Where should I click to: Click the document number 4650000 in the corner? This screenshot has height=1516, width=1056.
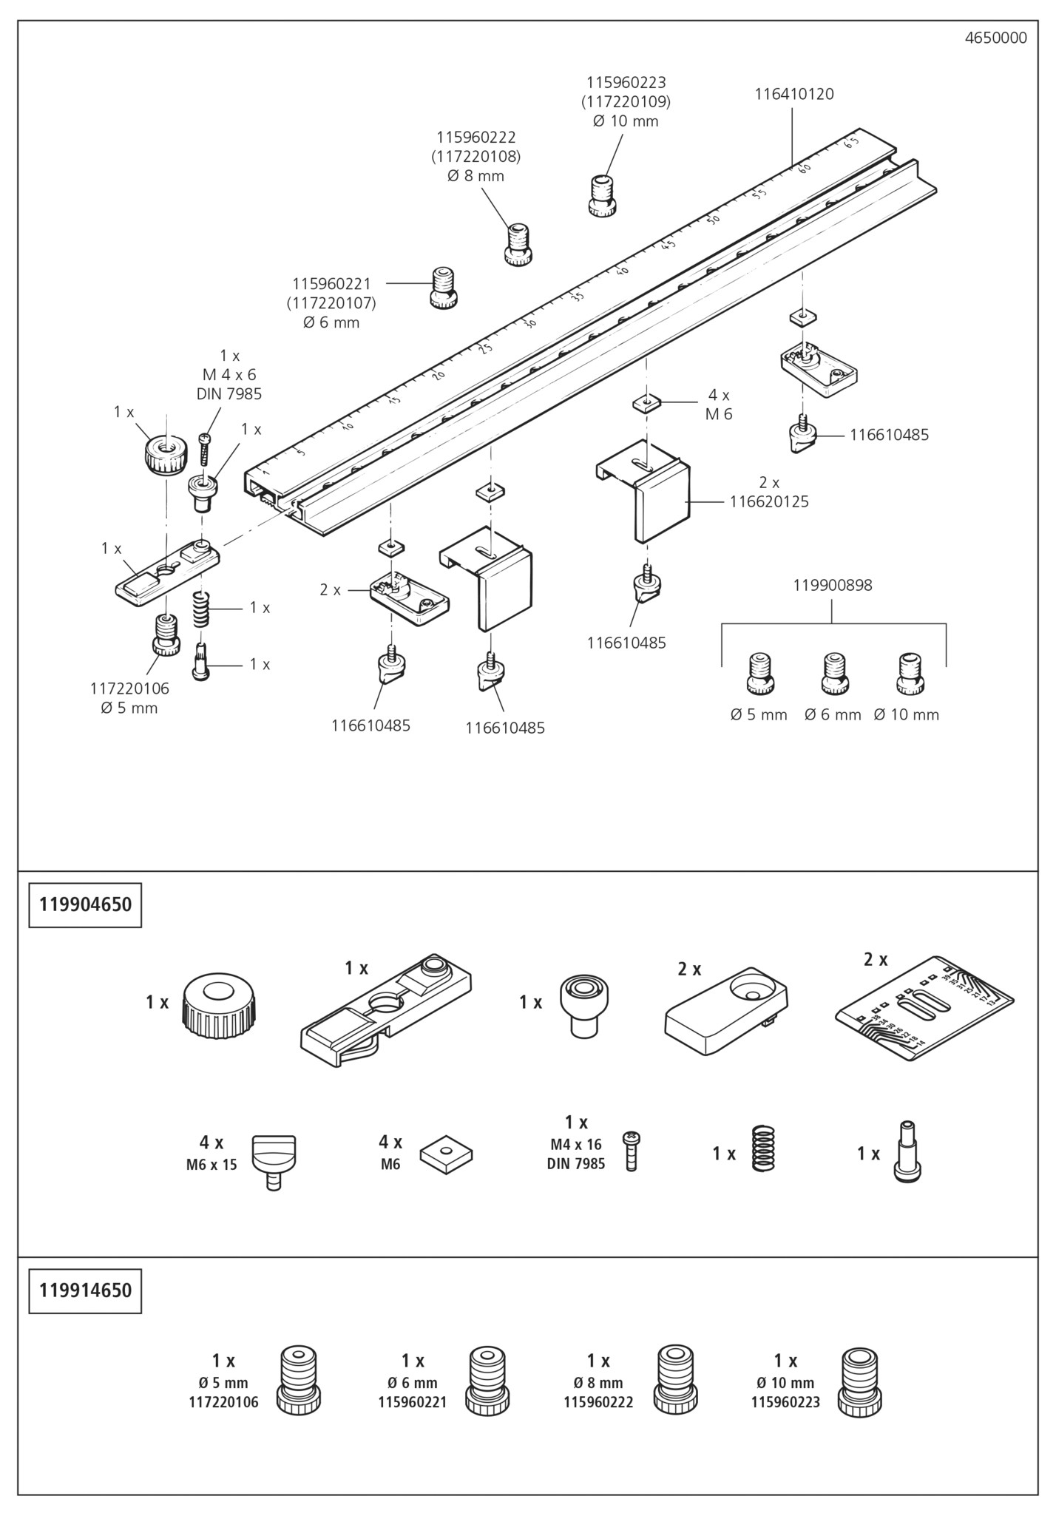995,38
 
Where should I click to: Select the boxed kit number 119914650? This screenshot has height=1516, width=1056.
85,1290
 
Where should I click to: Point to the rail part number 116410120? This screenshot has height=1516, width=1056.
793,94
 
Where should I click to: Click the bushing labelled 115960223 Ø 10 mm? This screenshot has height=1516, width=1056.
603,196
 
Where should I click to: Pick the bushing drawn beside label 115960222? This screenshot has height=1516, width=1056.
519,245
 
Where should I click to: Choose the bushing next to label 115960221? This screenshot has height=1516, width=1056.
444,287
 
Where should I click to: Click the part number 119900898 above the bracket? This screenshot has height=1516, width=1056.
832,585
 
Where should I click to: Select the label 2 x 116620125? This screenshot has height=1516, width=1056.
768,492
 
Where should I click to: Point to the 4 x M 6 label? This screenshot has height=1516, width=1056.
718,405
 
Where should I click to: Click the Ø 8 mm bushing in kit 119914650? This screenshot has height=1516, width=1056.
677,1380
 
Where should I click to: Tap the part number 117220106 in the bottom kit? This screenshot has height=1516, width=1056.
223,1401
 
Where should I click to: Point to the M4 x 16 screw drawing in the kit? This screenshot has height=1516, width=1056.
631,1150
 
